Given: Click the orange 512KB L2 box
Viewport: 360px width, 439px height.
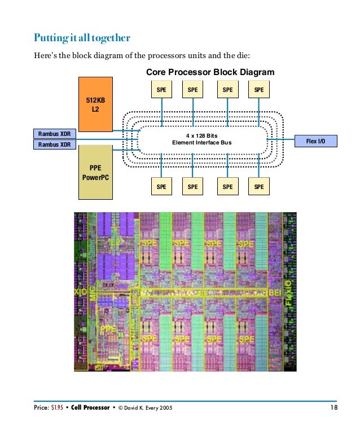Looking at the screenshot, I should click(95, 104).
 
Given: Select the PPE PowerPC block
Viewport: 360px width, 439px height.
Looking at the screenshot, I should click(95, 172).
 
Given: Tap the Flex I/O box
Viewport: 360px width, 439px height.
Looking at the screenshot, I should click(315, 141).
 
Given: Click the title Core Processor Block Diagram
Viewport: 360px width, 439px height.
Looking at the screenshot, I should click(210, 72).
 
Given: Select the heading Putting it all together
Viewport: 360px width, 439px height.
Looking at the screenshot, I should click(82, 38).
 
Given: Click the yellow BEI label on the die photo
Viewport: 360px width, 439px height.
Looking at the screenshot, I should click(274, 292).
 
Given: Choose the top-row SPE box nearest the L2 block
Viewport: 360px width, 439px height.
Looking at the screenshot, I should click(161, 89).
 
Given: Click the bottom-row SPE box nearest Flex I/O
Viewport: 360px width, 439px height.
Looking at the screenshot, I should click(258, 187).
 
